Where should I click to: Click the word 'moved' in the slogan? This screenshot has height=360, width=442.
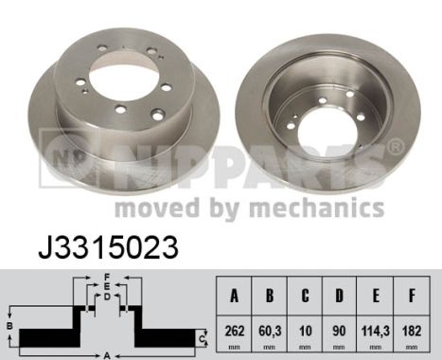(152, 207)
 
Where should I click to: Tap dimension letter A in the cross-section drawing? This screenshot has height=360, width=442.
(107, 354)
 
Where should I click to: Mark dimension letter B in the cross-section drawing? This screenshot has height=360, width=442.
(9, 326)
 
